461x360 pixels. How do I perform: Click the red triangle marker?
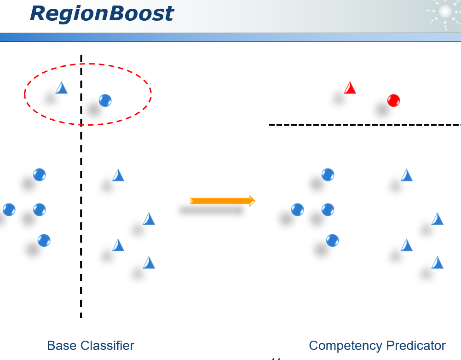[350, 88]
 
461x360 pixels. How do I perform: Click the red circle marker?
[393, 100]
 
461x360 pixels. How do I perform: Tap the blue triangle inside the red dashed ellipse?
[62, 88]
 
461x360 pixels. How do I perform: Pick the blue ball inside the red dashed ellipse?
[105, 100]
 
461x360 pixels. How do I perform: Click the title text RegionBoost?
[102, 13]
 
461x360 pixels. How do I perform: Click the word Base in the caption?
[62, 345]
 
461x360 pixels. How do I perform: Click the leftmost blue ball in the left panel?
[9, 210]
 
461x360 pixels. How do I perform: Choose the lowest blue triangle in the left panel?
[149, 263]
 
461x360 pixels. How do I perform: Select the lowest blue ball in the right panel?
[332, 240]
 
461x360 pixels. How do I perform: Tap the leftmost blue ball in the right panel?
[297, 210]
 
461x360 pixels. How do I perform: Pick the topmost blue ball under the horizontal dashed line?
[328, 175]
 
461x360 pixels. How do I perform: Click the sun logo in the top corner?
[444, 13]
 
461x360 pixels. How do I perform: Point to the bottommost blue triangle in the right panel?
[438, 263]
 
